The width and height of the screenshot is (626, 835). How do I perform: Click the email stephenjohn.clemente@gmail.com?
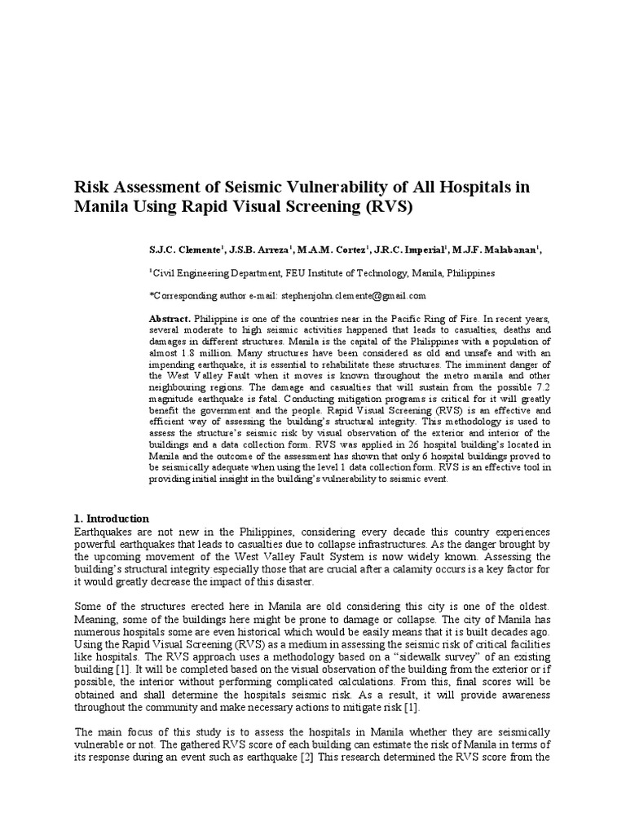353,295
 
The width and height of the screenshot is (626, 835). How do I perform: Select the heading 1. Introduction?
112,519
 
